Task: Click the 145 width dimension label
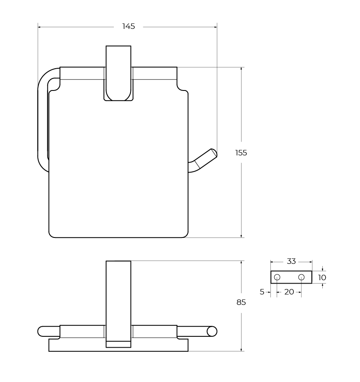[x=129, y=26]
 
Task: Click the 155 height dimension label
[x=241, y=153]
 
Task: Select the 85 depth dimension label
[x=241, y=302]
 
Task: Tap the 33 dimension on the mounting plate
[x=291, y=261]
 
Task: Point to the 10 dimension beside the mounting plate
[x=322, y=277]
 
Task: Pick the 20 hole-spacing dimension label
[x=289, y=292]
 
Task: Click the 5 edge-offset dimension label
[x=262, y=292]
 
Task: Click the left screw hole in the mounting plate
[x=277, y=277]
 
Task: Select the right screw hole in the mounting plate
[x=301, y=277]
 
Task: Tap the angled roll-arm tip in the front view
[x=214, y=153]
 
